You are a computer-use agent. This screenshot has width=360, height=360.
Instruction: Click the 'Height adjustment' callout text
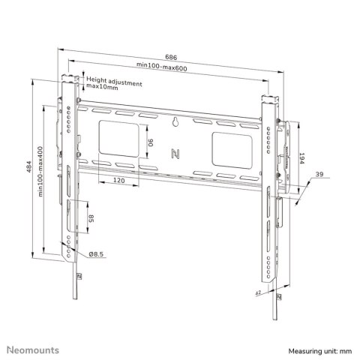[113, 80]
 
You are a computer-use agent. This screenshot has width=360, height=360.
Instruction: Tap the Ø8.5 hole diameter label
[95, 254]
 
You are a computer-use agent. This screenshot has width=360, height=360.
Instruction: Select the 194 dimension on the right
[301, 160]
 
